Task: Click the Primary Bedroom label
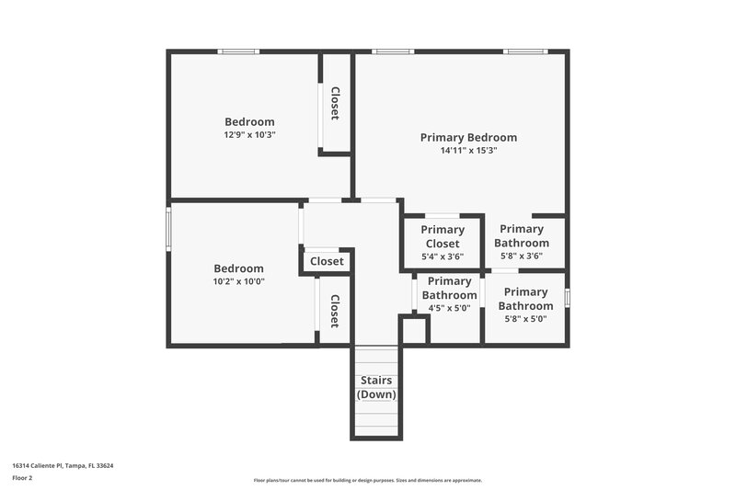coord(468,137)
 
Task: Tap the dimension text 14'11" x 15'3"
coord(468,151)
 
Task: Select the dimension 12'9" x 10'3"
coord(249,134)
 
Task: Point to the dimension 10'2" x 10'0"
coord(238,281)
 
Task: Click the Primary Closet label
coord(443,236)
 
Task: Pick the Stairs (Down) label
coord(376,387)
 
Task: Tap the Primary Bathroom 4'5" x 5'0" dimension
coord(449,308)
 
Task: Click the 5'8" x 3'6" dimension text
coord(522,256)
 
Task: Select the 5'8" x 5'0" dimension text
coord(524,319)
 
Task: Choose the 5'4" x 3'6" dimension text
coord(443,256)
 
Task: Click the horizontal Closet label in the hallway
coord(327,261)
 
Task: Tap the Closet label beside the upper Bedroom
coord(336,103)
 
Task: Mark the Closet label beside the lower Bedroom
coord(335,312)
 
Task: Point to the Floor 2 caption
coord(22,477)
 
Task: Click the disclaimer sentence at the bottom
coord(367,480)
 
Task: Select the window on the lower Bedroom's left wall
coord(168,227)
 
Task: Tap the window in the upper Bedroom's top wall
coord(238,51)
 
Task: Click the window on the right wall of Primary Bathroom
coord(567,298)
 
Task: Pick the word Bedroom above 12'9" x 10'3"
coord(249,121)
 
